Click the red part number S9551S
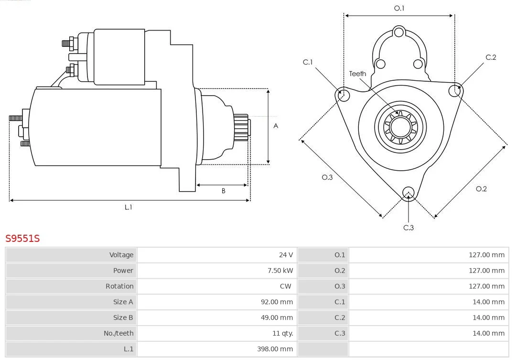[x=22, y=238]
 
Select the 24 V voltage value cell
[x=286, y=255]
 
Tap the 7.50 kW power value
[x=280, y=271]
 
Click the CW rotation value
[x=285, y=286]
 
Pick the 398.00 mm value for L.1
[x=275, y=349]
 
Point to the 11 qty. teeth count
[x=283, y=333]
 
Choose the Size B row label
[x=123, y=317]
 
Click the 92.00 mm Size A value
[x=277, y=302]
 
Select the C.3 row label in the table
[x=340, y=333]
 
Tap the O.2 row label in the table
[x=340, y=271]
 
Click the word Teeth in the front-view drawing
[x=357, y=74]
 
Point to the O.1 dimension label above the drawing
[x=399, y=8]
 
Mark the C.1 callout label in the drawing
[x=308, y=62]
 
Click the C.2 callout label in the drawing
[x=491, y=57]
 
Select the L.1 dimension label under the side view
[x=129, y=207]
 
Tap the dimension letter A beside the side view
[x=276, y=126]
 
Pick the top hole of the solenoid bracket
[x=399, y=33]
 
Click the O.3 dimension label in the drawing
[x=327, y=177]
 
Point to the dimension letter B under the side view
[x=224, y=191]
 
